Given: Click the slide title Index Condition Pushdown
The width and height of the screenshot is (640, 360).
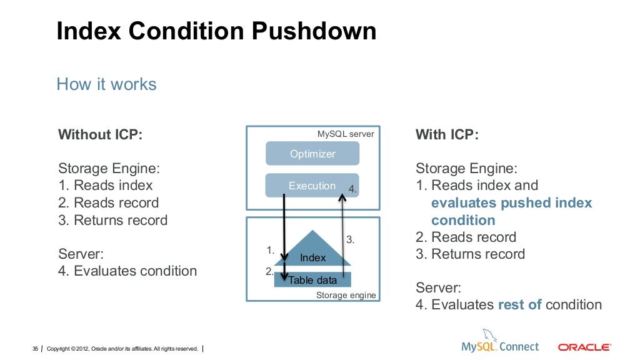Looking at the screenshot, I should (216, 31).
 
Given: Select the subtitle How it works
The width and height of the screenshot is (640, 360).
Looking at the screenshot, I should (106, 84).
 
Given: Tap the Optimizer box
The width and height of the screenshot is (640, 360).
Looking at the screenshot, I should (312, 154).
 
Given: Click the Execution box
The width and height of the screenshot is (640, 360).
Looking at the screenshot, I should (312, 186).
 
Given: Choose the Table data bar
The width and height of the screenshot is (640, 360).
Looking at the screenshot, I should (312, 280).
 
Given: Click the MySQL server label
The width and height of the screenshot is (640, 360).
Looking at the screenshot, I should (346, 134).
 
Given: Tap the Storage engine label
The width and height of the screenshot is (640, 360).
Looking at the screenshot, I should (346, 295).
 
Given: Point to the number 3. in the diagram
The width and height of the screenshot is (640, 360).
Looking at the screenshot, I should (351, 239).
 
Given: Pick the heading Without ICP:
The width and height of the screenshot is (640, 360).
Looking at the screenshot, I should (100, 135).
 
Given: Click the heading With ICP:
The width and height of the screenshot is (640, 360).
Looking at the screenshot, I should (447, 135).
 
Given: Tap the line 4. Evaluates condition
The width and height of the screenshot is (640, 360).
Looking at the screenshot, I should (127, 271).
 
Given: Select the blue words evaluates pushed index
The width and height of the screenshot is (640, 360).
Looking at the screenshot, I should (511, 203).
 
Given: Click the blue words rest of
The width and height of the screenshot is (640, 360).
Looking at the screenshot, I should (519, 305).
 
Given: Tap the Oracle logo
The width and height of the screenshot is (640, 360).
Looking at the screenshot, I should (584, 347).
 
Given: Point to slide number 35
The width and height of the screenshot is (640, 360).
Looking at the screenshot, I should (36, 348).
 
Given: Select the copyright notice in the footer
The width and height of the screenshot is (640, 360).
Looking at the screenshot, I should (122, 348).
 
